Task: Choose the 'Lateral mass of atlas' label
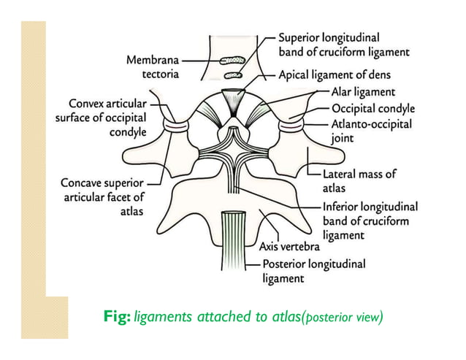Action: [x=359, y=180]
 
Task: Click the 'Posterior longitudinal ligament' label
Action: [x=313, y=271]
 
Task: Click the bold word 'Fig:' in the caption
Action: [x=119, y=317]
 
